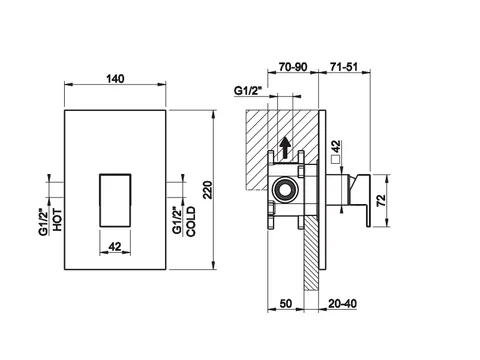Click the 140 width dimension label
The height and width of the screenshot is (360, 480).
pyautogui.click(x=115, y=79)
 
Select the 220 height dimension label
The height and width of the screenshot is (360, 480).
pyautogui.click(x=208, y=190)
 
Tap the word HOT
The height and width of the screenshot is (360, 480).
pyautogui.click(x=57, y=220)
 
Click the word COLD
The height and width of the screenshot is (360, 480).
pyautogui.click(x=191, y=222)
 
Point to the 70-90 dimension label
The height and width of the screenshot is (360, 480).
pyautogui.click(x=293, y=67)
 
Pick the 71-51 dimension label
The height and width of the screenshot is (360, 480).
pyautogui.click(x=344, y=67)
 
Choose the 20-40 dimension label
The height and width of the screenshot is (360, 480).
pyautogui.click(x=342, y=304)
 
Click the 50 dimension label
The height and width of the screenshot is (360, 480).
pyautogui.click(x=286, y=304)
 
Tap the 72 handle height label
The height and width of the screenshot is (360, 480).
pyautogui.click(x=381, y=200)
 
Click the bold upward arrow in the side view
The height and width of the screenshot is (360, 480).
pyautogui.click(x=285, y=148)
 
